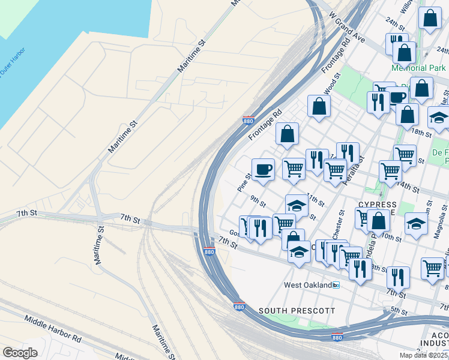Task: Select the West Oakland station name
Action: [308, 286]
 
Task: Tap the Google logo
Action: [20, 353]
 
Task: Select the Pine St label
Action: [244, 182]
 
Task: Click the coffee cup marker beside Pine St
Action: [263, 170]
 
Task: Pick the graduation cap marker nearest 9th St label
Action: [297, 205]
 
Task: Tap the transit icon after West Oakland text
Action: [336, 286]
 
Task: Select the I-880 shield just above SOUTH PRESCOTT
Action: [240, 307]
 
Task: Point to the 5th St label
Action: [399, 310]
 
